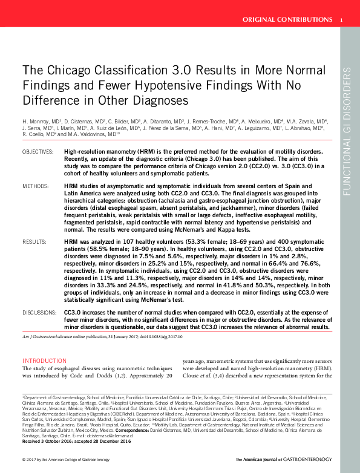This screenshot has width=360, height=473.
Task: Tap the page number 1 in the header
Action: [342, 20]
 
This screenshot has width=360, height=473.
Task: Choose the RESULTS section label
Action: [34, 241]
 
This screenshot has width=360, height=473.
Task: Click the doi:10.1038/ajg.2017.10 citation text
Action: [165, 336]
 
